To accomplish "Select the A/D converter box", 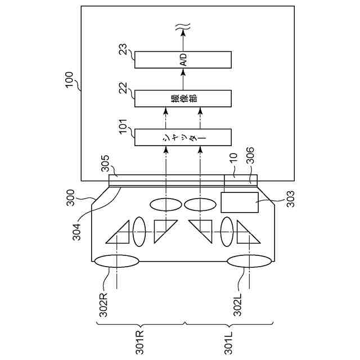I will [183, 59].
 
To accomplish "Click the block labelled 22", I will [183, 98].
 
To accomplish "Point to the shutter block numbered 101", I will [183, 137].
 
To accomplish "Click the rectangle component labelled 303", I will [239, 202].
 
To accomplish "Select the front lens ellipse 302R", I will [117, 262].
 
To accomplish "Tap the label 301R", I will [140, 343].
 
